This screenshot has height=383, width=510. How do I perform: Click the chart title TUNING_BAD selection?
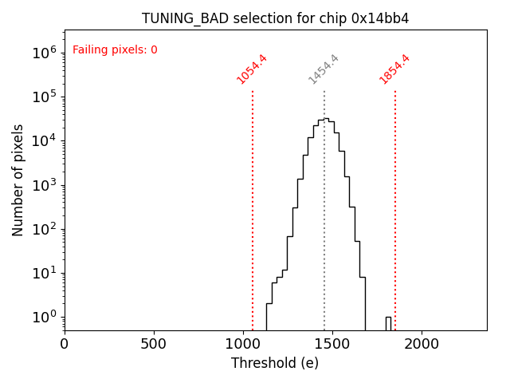[x=275, y=18]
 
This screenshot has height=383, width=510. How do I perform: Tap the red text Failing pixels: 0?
[x=115, y=50]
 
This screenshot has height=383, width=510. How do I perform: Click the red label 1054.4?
[x=252, y=69]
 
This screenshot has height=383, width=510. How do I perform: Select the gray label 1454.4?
[x=324, y=69]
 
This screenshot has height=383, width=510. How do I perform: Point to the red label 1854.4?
[x=394, y=69]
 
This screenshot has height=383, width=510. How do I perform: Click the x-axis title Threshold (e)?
[x=275, y=363]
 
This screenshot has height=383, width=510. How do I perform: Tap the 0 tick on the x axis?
[x=65, y=344]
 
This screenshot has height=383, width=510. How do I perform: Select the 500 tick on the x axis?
[x=154, y=344]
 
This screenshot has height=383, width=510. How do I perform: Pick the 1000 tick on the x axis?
[x=243, y=344]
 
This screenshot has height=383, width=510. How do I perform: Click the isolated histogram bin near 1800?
[x=388, y=322]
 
